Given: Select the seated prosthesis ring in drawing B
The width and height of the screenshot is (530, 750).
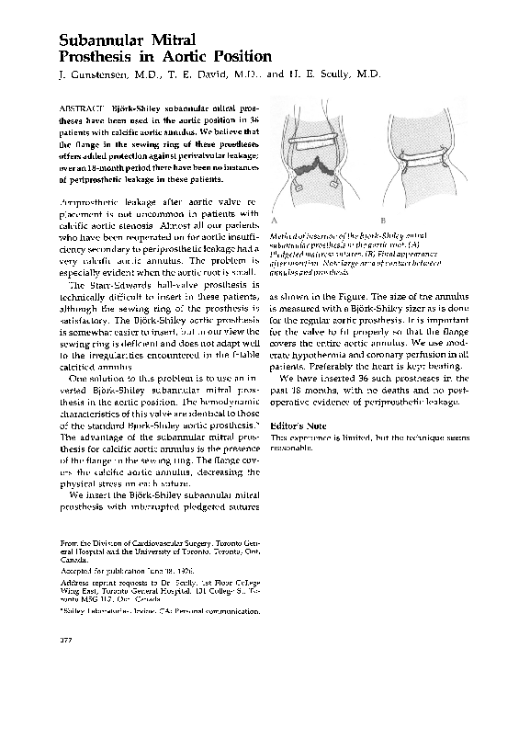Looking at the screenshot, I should [x=426, y=154].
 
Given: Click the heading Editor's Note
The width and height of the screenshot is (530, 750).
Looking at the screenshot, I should [x=298, y=452].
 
